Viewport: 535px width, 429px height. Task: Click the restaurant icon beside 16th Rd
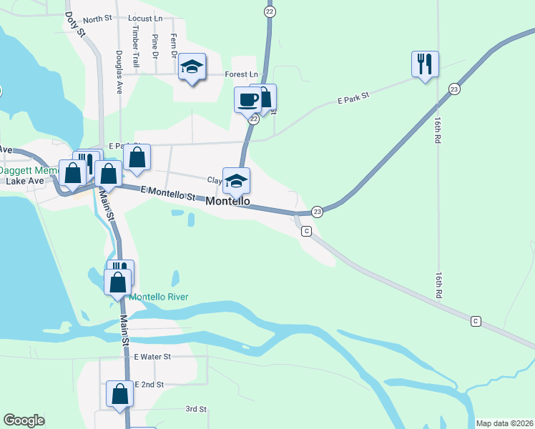pyautogui.click(x=425, y=64)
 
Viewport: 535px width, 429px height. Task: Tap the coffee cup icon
pyautogui.click(x=248, y=99)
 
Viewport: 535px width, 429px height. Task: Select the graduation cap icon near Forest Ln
pyautogui.click(x=192, y=67)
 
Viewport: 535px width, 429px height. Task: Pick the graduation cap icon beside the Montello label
pyautogui.click(x=236, y=181)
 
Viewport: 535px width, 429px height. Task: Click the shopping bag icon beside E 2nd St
pyautogui.click(x=119, y=393)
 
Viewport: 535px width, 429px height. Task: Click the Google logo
pyautogui.click(x=24, y=420)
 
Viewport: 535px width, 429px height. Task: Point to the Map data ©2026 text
pyautogui.click(x=504, y=423)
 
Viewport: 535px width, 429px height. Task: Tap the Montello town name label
pyautogui.click(x=228, y=202)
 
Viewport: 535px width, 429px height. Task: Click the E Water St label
pyautogui.click(x=152, y=356)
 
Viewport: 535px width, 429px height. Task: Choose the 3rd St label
pyautogui.click(x=196, y=409)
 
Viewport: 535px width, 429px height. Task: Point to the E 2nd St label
pyautogui.click(x=149, y=384)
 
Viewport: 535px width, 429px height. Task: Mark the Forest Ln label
pyautogui.click(x=241, y=74)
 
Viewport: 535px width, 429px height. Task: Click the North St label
pyautogui.click(x=99, y=20)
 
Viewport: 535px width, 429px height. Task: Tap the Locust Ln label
pyautogui.click(x=146, y=17)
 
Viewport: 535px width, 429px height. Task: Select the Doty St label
pyautogui.click(x=75, y=24)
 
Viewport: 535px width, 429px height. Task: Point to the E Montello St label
pyautogui.click(x=168, y=192)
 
